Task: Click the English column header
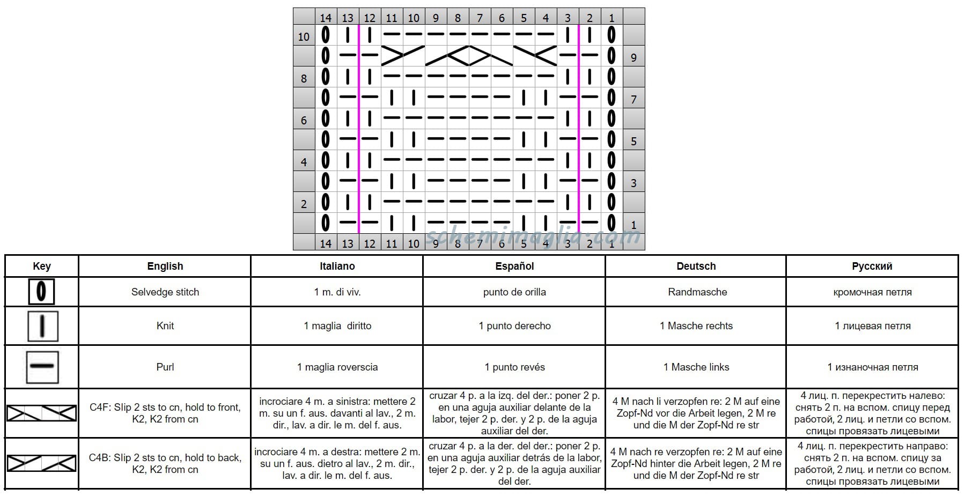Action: pyautogui.click(x=165, y=266)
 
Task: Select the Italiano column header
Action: pyautogui.click(x=337, y=266)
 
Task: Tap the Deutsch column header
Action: pyautogui.click(x=696, y=266)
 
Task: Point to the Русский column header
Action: pyautogui.click(x=872, y=266)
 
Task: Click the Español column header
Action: pyautogui.click(x=514, y=266)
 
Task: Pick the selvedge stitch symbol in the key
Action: pyautogui.click(x=41, y=292)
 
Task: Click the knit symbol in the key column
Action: pyautogui.click(x=42, y=326)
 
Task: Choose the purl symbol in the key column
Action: pyautogui.click(x=42, y=367)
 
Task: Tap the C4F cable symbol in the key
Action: pyautogui.click(x=41, y=413)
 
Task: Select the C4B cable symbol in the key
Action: pyautogui.click(x=41, y=463)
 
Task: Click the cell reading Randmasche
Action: pyautogui.click(x=697, y=292)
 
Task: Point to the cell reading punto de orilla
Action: pyautogui.click(x=514, y=292)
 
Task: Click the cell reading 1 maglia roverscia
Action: pyautogui.click(x=337, y=367)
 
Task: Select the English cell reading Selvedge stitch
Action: pyautogui.click(x=165, y=292)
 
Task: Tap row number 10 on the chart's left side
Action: pyautogui.click(x=304, y=36)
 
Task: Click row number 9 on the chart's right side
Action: pyautogui.click(x=633, y=57)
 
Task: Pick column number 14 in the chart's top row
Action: pyautogui.click(x=326, y=18)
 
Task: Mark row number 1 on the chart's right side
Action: pyautogui.click(x=633, y=225)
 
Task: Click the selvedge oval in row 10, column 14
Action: pyautogui.click(x=325, y=35)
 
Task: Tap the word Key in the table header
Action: pyautogui.click(x=42, y=266)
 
